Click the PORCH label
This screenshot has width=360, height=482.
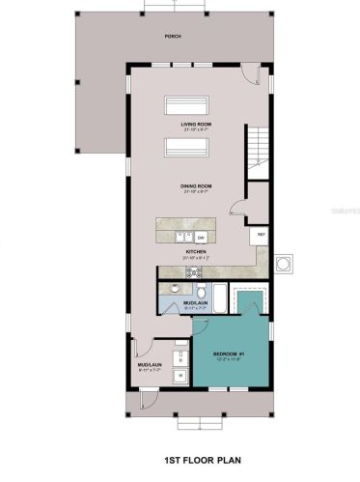pos(173,36)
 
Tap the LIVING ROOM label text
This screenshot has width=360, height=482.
pos(196,126)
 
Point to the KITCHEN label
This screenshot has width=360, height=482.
pos(197,253)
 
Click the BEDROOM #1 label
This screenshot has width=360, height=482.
pos(228,354)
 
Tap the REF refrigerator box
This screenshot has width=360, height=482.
pos(260,235)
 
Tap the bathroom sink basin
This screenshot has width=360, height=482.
pos(175,288)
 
